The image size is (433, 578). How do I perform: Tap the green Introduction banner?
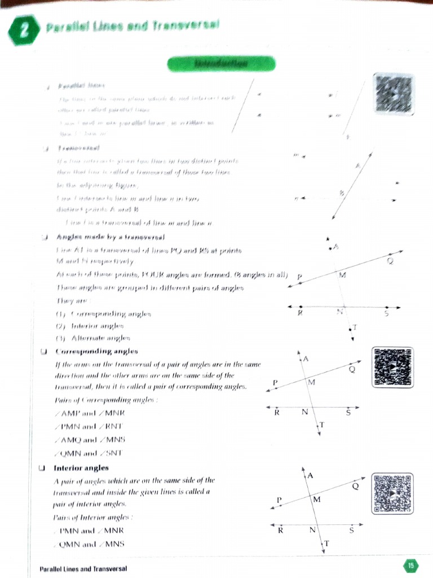(221, 64)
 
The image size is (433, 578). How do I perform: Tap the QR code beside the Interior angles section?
(394, 493)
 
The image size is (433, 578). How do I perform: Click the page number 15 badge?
(410, 565)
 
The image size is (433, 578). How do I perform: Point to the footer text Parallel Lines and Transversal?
(83, 568)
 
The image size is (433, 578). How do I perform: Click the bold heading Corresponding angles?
(96, 351)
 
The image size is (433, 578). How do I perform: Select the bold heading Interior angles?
(81, 467)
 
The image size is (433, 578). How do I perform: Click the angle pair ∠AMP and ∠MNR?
(89, 414)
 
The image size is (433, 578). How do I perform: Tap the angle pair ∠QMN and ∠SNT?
(89, 453)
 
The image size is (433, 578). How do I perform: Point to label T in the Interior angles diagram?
(326, 543)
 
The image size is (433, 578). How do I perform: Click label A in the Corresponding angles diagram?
(306, 358)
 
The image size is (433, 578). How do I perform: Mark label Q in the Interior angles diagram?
(355, 486)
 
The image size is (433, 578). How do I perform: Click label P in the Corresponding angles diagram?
(275, 383)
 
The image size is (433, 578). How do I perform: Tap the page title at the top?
(132, 27)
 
